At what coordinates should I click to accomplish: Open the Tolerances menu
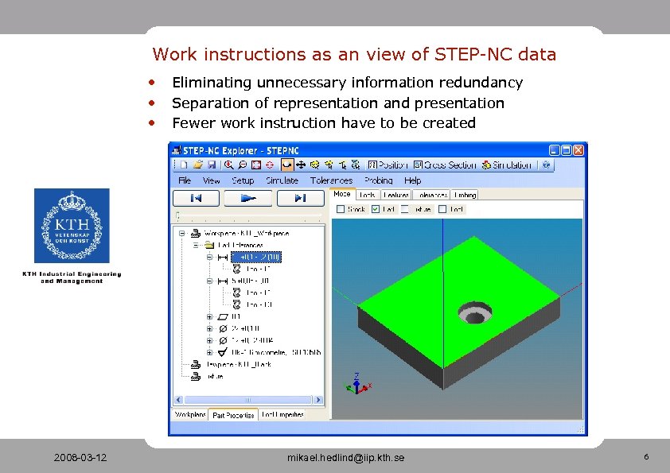coord(331,180)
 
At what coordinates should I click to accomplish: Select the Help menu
coord(413,180)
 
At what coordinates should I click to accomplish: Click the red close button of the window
coord(579,149)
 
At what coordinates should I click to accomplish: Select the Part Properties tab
coord(233,415)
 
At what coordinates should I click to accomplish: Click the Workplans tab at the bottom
coord(190,415)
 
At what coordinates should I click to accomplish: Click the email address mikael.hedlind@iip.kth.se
coord(345,458)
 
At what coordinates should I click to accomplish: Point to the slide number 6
coord(646,457)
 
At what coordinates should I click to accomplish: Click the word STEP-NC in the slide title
coord(473,55)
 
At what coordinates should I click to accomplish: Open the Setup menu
coord(243,180)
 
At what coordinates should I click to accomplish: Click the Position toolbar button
coord(388,165)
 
